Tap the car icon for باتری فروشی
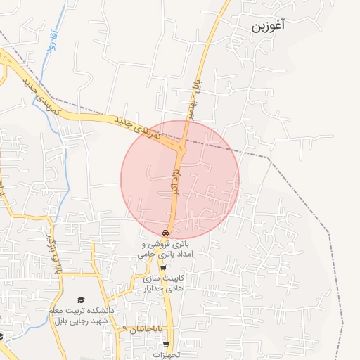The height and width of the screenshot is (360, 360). coord(165,233)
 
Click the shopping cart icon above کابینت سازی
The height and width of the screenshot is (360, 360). coord(164,267)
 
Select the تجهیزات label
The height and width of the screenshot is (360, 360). coord(167,355)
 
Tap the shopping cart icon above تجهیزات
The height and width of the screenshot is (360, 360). coord(166,345)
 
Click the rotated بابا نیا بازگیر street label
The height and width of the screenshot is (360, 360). coord(47,246)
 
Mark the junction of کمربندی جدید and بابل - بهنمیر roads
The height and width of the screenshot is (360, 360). coord(182,144)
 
